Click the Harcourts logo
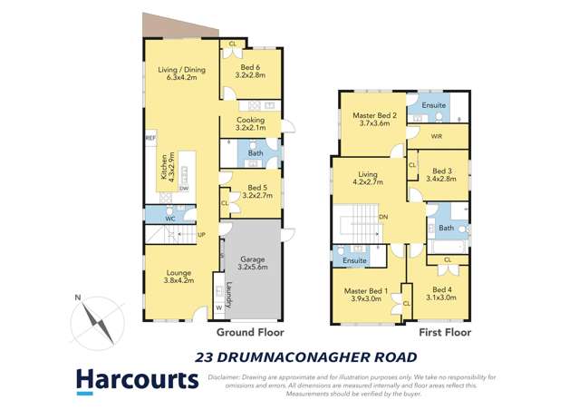(136, 380)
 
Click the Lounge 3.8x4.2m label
(179, 277)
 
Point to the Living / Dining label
(182, 73)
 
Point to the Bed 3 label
(442, 175)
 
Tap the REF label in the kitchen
(150, 138)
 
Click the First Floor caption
(442, 333)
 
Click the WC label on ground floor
(169, 219)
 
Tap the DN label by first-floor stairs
(384, 217)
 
